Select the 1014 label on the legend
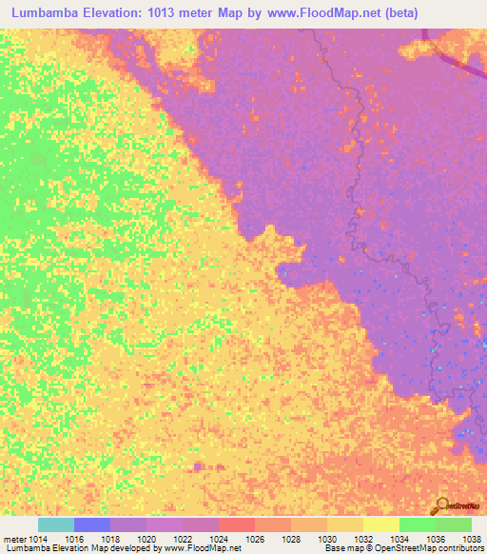click(x=38, y=539)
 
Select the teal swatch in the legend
click(x=56, y=524)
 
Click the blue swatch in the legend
click(x=92, y=524)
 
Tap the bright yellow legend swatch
click(x=381, y=524)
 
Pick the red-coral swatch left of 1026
click(x=237, y=524)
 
